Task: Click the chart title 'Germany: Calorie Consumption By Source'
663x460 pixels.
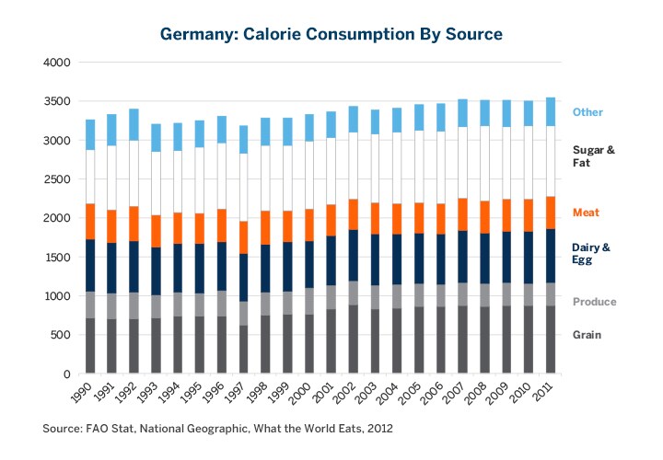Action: [331, 34]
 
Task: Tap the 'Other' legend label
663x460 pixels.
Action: [587, 112]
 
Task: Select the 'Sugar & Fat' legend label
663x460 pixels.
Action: [593, 155]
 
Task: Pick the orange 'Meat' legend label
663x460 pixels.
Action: [586, 213]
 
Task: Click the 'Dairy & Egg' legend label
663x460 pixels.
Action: [591, 253]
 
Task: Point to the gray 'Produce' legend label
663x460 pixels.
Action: [594, 302]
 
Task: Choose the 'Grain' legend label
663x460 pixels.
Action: [587, 335]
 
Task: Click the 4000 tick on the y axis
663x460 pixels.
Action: [57, 63]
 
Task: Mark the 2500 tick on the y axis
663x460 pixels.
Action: [57, 179]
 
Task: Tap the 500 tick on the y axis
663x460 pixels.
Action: [61, 335]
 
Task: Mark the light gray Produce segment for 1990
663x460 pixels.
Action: [91, 305]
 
